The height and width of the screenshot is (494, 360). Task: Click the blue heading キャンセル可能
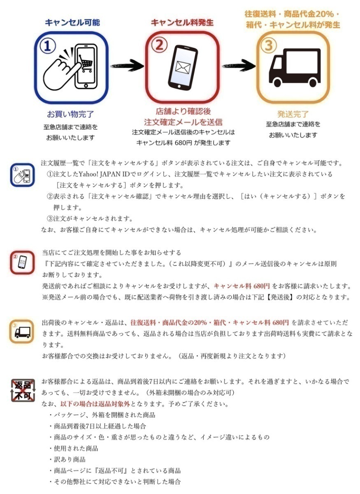click(72, 22)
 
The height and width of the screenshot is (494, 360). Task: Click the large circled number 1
click(48, 46)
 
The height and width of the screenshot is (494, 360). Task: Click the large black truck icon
click(295, 68)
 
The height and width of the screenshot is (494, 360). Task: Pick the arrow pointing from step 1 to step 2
click(126, 66)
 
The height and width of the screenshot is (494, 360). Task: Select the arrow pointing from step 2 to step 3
click(237, 66)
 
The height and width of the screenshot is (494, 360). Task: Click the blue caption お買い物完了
click(70, 114)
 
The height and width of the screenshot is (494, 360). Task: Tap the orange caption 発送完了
click(293, 114)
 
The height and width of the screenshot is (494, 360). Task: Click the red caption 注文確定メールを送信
click(183, 122)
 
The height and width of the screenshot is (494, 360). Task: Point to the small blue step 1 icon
click(22, 175)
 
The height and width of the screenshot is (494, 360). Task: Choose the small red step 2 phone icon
click(22, 262)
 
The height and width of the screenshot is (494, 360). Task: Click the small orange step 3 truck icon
click(22, 331)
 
